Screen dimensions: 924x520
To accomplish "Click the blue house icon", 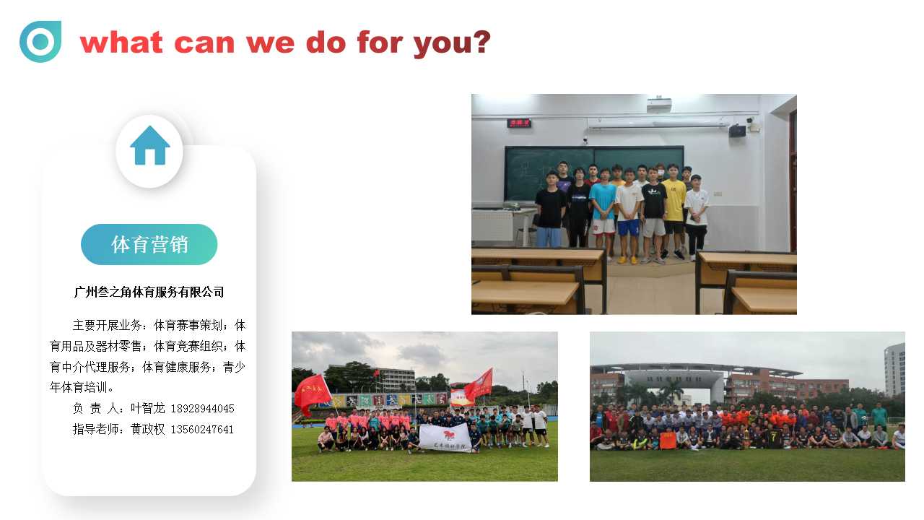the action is (x=149, y=146).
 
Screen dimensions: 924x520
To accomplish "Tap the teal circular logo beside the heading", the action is (x=40, y=41).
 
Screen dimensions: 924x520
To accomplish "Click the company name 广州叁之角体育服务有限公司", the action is (x=149, y=292).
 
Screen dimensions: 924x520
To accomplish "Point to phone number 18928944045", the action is (x=203, y=409).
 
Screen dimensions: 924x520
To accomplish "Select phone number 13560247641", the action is (x=202, y=430).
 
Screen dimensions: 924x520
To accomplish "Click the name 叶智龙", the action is (x=148, y=409).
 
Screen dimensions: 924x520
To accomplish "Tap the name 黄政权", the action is (x=148, y=429).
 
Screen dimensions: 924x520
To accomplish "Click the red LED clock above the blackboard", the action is (x=519, y=123).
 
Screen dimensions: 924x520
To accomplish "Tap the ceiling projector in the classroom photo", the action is (x=659, y=105).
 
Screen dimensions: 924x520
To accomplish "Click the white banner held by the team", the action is (x=445, y=438).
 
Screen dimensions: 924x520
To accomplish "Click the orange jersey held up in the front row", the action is (x=668, y=441).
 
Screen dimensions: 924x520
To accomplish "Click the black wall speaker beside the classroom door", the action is (x=737, y=131).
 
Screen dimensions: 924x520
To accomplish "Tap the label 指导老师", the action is (x=95, y=429).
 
